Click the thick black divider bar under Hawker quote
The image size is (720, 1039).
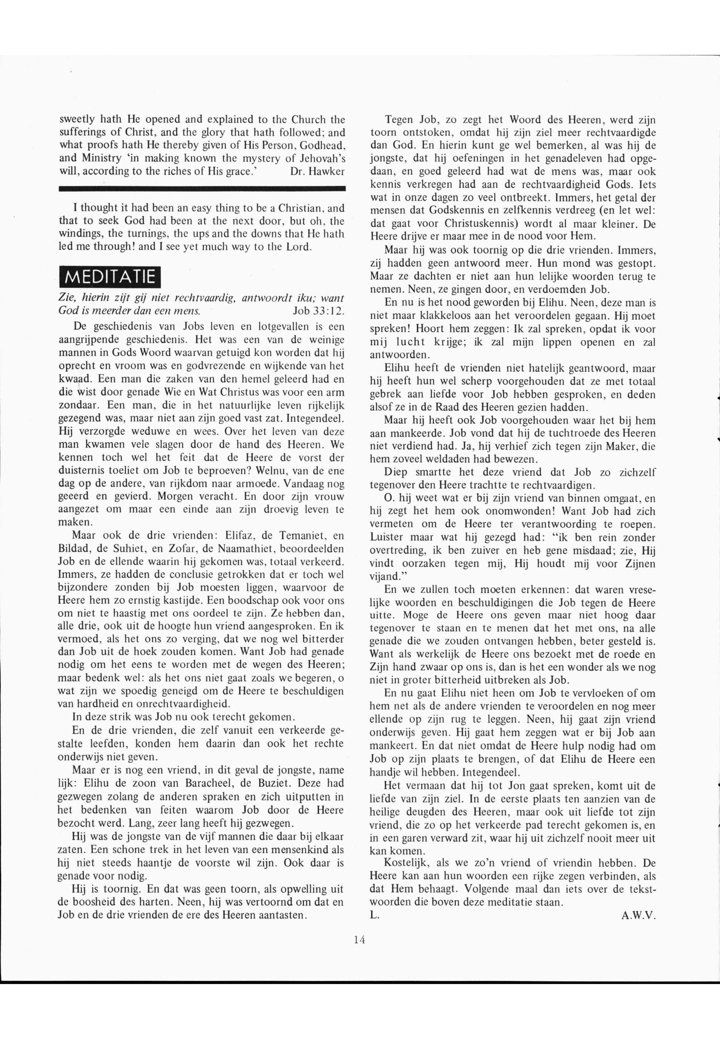click(202, 188)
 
